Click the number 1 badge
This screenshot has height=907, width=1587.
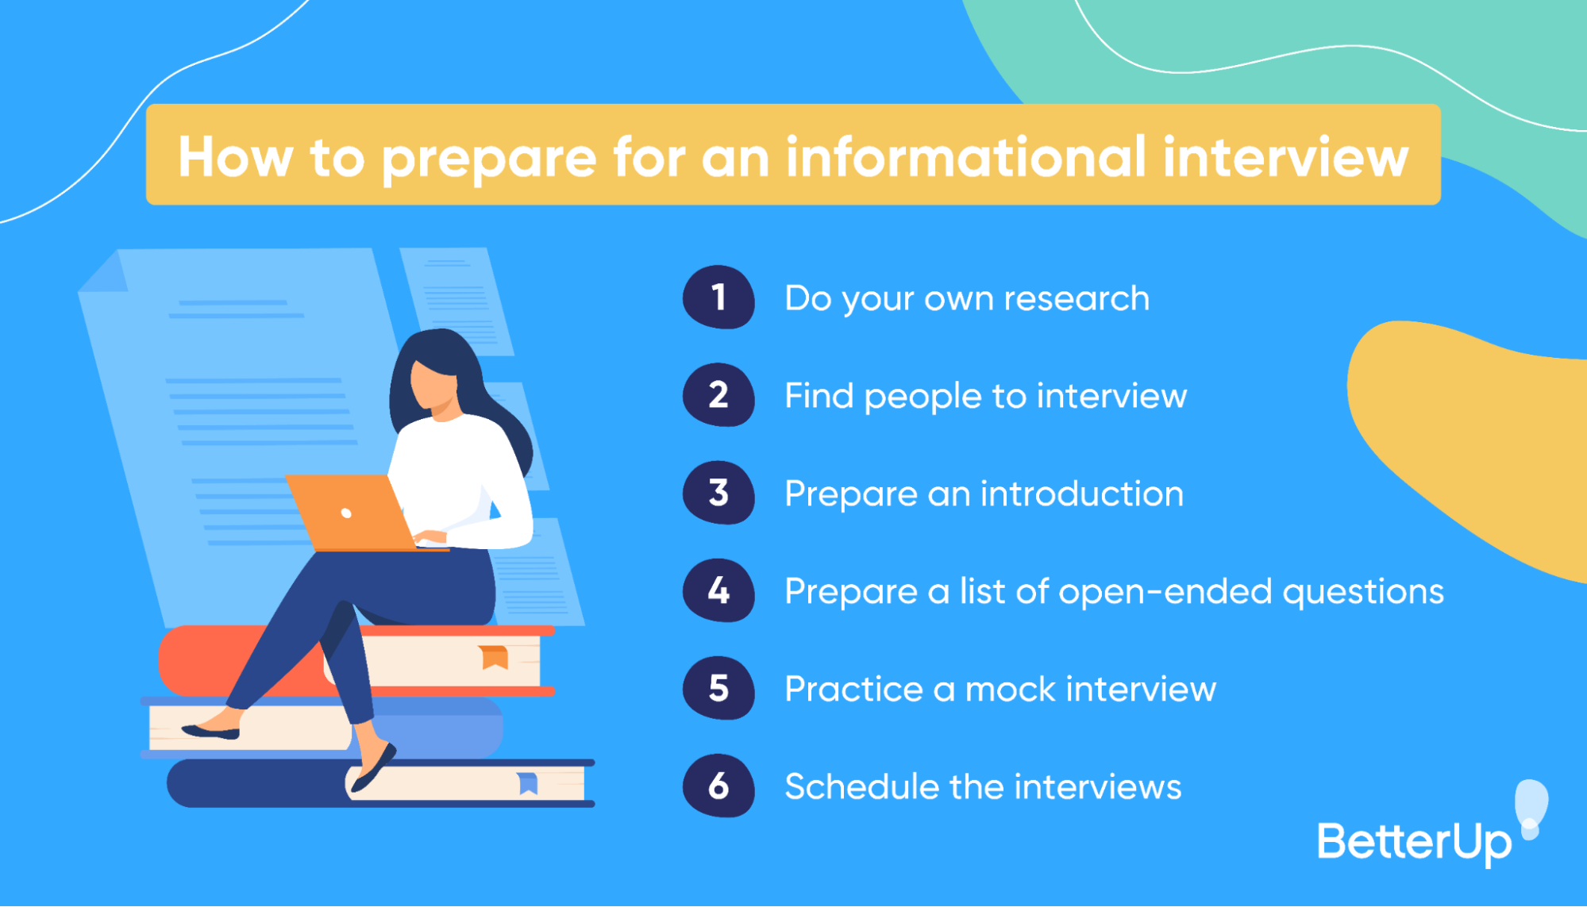(x=718, y=298)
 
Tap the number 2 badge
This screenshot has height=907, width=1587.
(x=718, y=395)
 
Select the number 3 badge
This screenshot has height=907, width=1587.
(x=718, y=493)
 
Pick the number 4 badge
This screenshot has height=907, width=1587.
(x=718, y=590)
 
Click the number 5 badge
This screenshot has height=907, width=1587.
(x=718, y=688)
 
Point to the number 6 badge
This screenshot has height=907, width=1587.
(x=718, y=786)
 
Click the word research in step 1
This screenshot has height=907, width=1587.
(x=1077, y=299)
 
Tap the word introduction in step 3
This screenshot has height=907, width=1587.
(x=1082, y=494)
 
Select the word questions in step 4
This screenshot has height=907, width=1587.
(x=1363, y=593)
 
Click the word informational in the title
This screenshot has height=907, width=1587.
(x=966, y=156)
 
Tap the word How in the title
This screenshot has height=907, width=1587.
(x=235, y=156)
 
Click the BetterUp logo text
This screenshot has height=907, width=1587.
(x=1414, y=842)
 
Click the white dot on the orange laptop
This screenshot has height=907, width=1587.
(x=346, y=513)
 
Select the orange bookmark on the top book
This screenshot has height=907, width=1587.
(x=494, y=656)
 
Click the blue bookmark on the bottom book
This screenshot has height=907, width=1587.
(x=528, y=782)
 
